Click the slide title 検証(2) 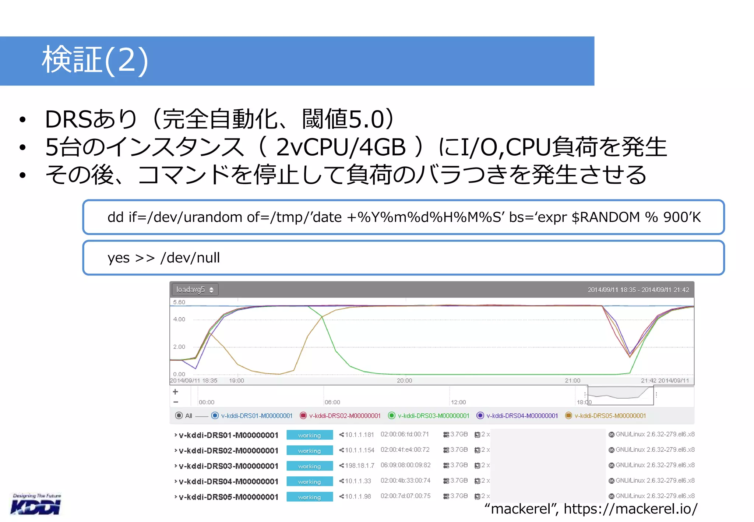[95, 60]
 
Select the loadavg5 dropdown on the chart [195, 290]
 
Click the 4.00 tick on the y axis [179, 319]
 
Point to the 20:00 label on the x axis [404, 381]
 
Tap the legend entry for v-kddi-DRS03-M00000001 [429, 416]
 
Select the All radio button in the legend [179, 416]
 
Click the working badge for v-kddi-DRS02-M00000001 [310, 451]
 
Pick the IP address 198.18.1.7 [359, 466]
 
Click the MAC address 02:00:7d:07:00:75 [405, 496]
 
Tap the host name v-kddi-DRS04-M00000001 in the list [228, 482]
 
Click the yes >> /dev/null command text [163, 258]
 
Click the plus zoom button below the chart [176, 392]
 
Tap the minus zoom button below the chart [176, 402]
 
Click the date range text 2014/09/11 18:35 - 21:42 [638, 290]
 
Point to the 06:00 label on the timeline [332, 402]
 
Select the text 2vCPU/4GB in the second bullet [341, 147]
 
